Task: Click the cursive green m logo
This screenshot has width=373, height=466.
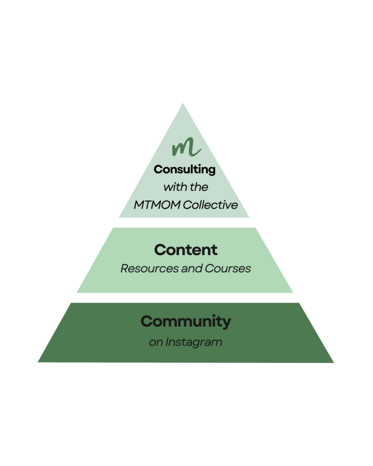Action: tap(186, 147)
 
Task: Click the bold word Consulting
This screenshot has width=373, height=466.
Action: tap(185, 169)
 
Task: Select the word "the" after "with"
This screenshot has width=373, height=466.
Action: tap(199, 187)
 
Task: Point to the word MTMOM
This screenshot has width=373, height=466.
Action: tap(157, 205)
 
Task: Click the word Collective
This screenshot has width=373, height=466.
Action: tap(210, 205)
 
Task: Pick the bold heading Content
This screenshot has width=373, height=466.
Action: tap(186, 250)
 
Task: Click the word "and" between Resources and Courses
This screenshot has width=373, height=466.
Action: tap(191, 268)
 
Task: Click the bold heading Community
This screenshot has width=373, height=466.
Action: tap(186, 322)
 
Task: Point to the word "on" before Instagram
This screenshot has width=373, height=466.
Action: tap(155, 342)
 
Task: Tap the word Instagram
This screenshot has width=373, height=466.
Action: tap(193, 342)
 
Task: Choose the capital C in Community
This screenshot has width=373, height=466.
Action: tap(146, 322)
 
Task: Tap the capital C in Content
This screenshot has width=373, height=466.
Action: tap(160, 250)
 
